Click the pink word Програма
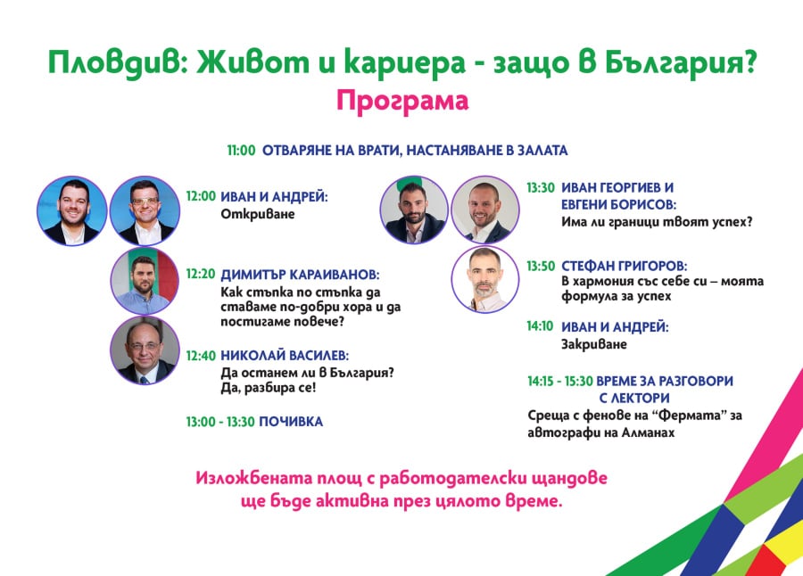pos(402,102)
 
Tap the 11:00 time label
pos(241,151)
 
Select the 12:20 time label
pos(200,274)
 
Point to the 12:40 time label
pos(200,356)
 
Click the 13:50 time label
pos(541,267)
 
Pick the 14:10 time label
pos(541,326)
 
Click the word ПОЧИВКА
pos(291,422)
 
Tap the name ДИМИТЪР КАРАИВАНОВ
pos(300,275)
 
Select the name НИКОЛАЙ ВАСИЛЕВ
pos(285,356)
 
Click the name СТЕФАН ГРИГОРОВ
pos(624,267)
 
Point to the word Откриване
pos(258,214)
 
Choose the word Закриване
pos(594,344)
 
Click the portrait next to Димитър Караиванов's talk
pos(145,281)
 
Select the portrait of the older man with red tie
pos(145,350)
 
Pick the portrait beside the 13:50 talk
pos(485,279)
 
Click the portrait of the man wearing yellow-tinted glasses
pos(145,211)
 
